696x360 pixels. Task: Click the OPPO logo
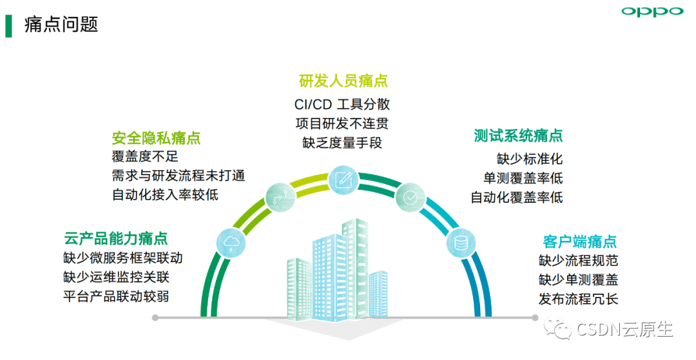(652, 12)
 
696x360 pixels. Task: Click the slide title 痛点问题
(61, 24)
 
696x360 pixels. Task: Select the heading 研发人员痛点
(343, 81)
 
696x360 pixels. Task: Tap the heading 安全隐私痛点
(156, 138)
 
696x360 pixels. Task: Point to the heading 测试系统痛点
(518, 136)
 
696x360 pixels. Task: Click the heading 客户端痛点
(580, 242)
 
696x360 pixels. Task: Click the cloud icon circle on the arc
(231, 243)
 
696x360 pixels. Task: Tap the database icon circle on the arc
(461, 243)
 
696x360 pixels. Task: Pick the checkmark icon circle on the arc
(410, 196)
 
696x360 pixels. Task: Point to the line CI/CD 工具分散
(342, 104)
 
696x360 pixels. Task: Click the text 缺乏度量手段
(342, 143)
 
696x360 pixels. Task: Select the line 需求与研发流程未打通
(179, 175)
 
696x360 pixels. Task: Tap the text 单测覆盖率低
(523, 178)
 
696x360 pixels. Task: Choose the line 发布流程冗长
(578, 299)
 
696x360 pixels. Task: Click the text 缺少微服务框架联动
(123, 258)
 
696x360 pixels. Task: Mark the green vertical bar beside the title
(8, 25)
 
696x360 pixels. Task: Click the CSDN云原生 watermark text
(623, 330)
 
